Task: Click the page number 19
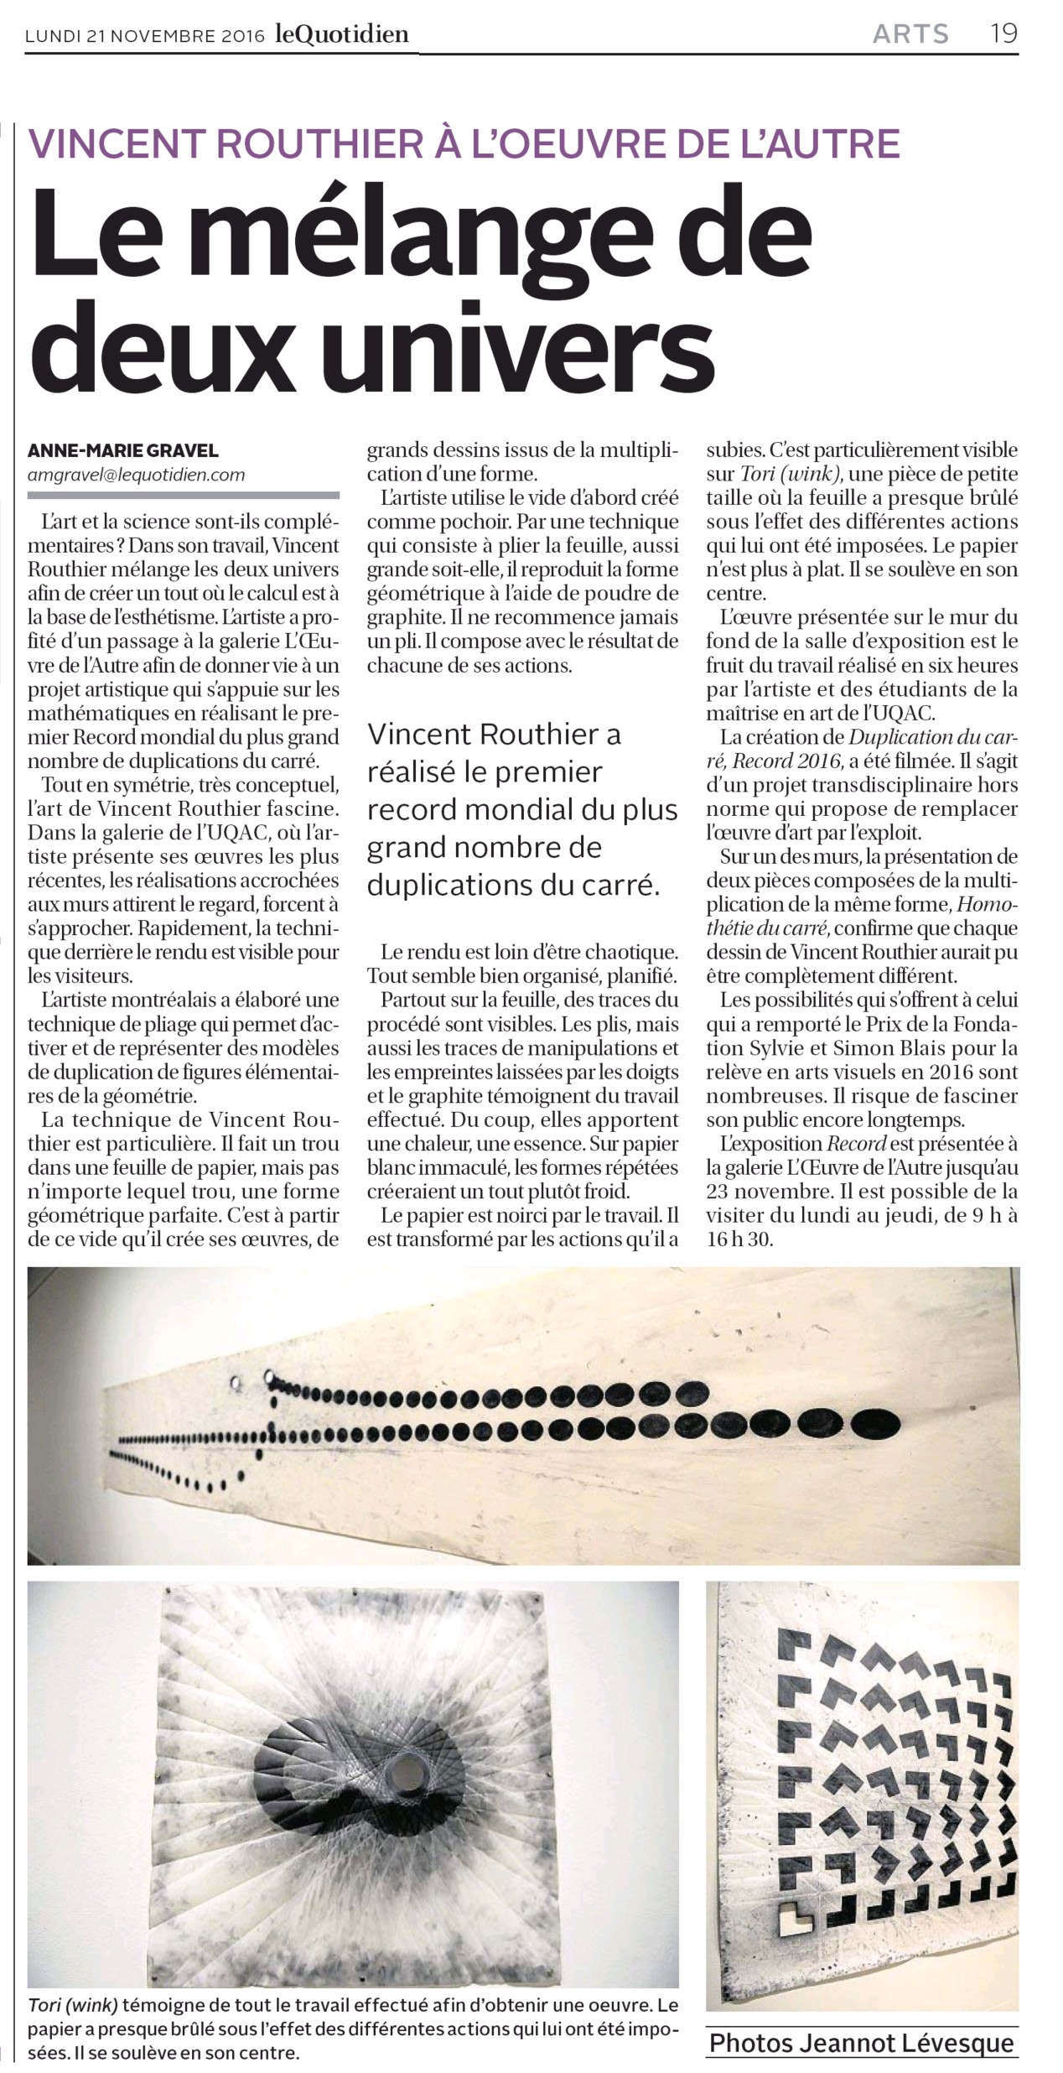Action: [1003, 34]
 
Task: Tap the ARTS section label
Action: [910, 34]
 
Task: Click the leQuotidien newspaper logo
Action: [342, 34]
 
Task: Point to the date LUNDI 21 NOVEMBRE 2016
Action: [145, 36]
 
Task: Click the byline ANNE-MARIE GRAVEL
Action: [123, 450]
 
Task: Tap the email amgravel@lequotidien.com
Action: [136, 475]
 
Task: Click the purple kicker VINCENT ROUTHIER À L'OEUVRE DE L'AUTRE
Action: [464, 143]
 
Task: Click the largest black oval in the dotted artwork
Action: [876, 1423]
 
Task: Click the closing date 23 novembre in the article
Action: [765, 1191]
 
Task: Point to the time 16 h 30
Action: [739, 1239]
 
